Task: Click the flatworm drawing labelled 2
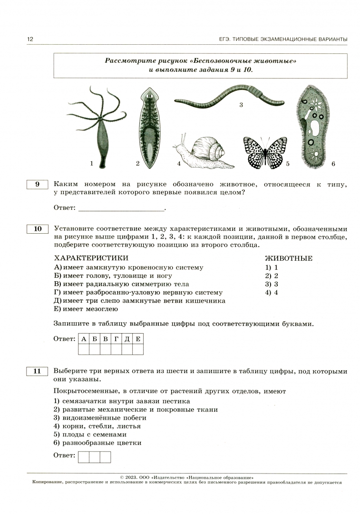(x=149, y=128)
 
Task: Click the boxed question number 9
(x=38, y=185)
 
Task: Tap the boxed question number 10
(x=38, y=229)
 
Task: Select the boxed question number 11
(x=38, y=371)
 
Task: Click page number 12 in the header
(x=31, y=39)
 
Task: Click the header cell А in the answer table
(x=83, y=338)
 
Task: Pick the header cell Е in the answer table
(x=138, y=338)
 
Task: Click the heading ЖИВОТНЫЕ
(x=288, y=258)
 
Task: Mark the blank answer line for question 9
(x=121, y=208)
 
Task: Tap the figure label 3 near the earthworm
(x=241, y=105)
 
